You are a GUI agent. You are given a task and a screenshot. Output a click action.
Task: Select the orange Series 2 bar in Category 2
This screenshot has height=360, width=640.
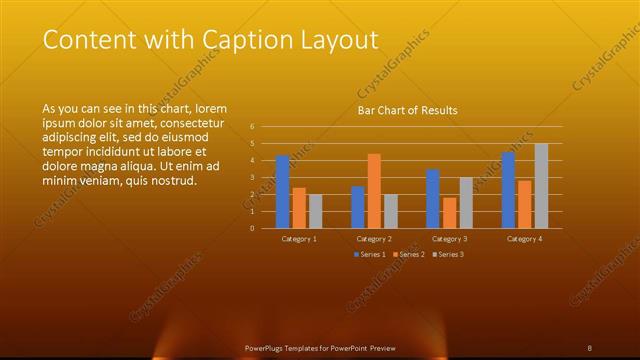[x=374, y=191]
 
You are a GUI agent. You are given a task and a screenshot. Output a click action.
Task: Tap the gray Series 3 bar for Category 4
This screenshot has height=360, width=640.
[x=541, y=186]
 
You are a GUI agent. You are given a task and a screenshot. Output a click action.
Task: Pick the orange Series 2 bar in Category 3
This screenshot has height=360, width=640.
[x=449, y=213]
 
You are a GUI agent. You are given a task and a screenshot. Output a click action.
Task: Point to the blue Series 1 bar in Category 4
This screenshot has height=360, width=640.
[x=508, y=190]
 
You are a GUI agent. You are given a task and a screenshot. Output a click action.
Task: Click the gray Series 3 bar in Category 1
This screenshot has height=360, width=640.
[x=316, y=211]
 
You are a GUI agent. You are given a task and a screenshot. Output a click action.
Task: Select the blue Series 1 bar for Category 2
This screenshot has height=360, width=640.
[x=358, y=207]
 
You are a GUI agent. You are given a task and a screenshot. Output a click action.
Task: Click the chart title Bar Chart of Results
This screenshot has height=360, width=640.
[x=407, y=110]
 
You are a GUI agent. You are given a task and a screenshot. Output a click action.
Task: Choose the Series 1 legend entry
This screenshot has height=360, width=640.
[x=369, y=254]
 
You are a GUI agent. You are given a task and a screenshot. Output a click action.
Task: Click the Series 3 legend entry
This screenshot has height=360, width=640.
[x=448, y=254]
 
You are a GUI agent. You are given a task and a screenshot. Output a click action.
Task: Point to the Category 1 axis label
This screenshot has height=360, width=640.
[x=299, y=239]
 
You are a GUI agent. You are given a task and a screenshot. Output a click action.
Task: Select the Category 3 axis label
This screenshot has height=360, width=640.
[x=449, y=239]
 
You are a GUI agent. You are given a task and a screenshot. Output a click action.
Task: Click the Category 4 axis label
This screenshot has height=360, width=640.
[x=524, y=239]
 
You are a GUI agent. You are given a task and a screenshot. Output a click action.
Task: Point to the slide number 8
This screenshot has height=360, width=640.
[x=590, y=347]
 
